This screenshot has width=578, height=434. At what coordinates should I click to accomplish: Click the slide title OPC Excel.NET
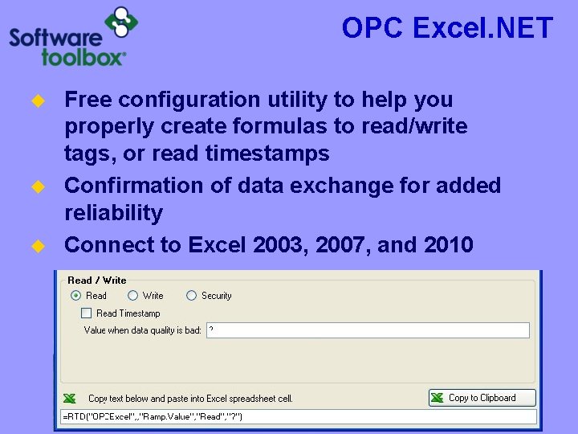[447, 28]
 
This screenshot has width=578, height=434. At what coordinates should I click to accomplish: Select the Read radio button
[76, 296]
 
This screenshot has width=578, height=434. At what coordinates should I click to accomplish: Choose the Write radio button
[133, 296]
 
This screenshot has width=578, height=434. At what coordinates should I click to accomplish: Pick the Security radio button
[191, 296]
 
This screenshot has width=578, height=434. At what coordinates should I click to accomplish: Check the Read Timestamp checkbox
[86, 313]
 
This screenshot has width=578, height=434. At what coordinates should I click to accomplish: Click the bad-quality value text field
[368, 330]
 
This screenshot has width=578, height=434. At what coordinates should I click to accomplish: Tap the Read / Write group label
[97, 280]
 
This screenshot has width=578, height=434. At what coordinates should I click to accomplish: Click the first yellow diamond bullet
[36, 101]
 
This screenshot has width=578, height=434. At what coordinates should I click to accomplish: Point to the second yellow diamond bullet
[36, 187]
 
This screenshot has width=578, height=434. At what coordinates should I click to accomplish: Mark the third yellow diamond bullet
[36, 246]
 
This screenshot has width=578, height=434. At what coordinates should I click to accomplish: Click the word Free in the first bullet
[88, 100]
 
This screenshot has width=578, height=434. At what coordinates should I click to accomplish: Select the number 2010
[446, 244]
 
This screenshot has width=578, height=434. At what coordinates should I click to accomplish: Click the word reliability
[113, 213]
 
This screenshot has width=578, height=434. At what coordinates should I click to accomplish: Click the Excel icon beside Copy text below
[70, 398]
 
